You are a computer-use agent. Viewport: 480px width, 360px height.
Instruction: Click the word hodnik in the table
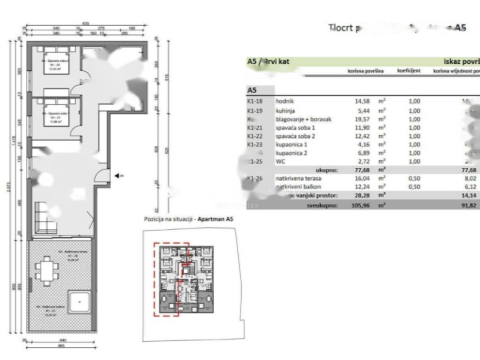click(x=285, y=101)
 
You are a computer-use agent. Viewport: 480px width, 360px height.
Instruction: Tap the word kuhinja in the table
click(x=285, y=111)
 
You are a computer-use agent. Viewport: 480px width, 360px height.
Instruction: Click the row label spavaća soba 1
click(x=295, y=127)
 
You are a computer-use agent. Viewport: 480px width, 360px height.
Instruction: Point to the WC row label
click(x=280, y=161)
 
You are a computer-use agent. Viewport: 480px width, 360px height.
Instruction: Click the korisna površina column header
click(x=366, y=71)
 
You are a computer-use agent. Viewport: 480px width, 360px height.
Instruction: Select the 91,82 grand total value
click(x=469, y=205)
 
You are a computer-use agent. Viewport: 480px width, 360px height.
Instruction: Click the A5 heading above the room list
click(x=253, y=90)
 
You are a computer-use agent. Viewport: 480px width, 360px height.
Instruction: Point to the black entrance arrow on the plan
click(x=117, y=176)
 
